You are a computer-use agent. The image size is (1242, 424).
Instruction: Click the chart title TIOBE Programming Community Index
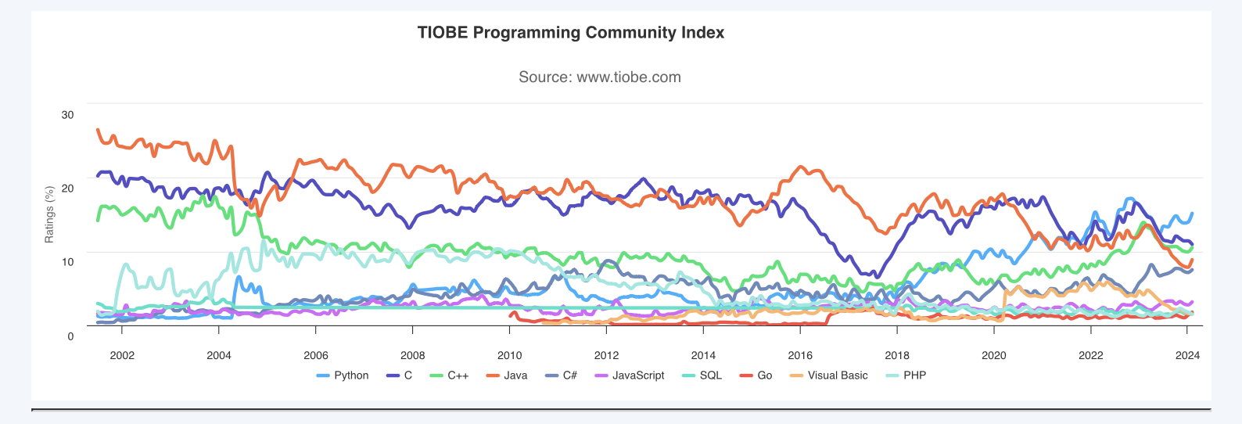point(570,33)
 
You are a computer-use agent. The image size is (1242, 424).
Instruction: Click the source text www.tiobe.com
point(600,77)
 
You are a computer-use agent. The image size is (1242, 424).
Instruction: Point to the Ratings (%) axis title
point(50,214)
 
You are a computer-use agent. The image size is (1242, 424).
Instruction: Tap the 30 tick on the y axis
point(68,115)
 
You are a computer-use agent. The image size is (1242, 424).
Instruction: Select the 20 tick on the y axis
point(68,189)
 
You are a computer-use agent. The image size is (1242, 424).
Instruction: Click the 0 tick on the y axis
point(70,336)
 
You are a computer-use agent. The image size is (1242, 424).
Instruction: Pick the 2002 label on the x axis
point(122,355)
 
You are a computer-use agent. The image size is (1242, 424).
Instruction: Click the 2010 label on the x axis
point(509,355)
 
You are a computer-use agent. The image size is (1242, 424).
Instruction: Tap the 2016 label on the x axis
point(800,355)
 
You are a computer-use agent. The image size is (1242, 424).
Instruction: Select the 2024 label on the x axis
point(1187,355)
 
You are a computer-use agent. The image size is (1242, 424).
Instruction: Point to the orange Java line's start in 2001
point(98,130)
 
